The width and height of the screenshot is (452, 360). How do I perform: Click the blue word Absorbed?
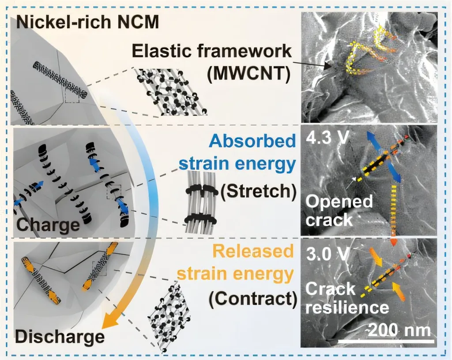[252, 141]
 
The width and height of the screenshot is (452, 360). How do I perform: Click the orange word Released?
[252, 251]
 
